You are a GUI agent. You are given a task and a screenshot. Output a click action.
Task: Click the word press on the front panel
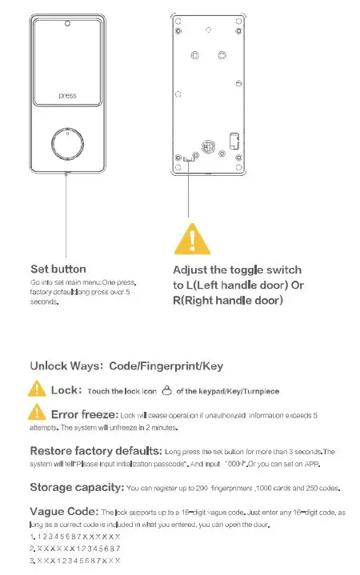pyautogui.click(x=67, y=96)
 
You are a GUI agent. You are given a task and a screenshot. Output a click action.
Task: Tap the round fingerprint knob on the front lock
pyautogui.click(x=66, y=145)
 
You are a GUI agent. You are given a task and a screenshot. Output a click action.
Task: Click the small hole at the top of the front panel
pyautogui.click(x=67, y=24)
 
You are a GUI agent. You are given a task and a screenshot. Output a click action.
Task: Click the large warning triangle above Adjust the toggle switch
pyautogui.click(x=189, y=238)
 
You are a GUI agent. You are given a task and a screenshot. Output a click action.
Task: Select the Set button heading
pyautogui.click(x=58, y=269)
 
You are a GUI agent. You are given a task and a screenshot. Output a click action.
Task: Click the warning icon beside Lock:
pyautogui.click(x=37, y=389)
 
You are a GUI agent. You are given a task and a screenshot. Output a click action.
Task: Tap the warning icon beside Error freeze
pyautogui.click(x=37, y=413)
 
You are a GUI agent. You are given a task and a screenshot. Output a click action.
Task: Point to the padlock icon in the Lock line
pyautogui.click(x=166, y=391)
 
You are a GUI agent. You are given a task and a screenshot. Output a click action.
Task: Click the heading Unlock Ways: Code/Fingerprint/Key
pyautogui.click(x=126, y=365)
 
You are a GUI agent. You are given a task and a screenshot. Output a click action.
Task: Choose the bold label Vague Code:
pyautogui.click(x=63, y=510)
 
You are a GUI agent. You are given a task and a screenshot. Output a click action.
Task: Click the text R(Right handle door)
pyautogui.click(x=228, y=300)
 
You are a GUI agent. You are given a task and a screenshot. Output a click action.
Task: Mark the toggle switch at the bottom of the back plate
pyautogui.click(x=188, y=158)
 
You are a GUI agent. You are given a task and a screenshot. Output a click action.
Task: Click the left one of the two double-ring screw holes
pyautogui.click(x=194, y=56)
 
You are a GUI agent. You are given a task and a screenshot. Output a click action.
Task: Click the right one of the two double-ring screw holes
pyautogui.click(x=222, y=56)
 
